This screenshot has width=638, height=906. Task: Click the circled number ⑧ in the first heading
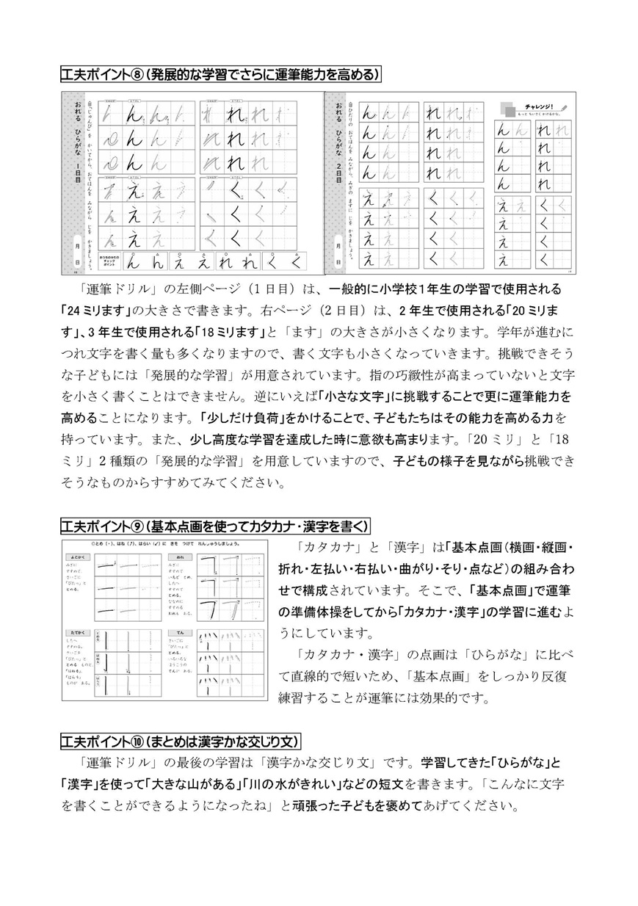(137, 74)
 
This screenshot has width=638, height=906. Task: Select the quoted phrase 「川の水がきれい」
(246, 785)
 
